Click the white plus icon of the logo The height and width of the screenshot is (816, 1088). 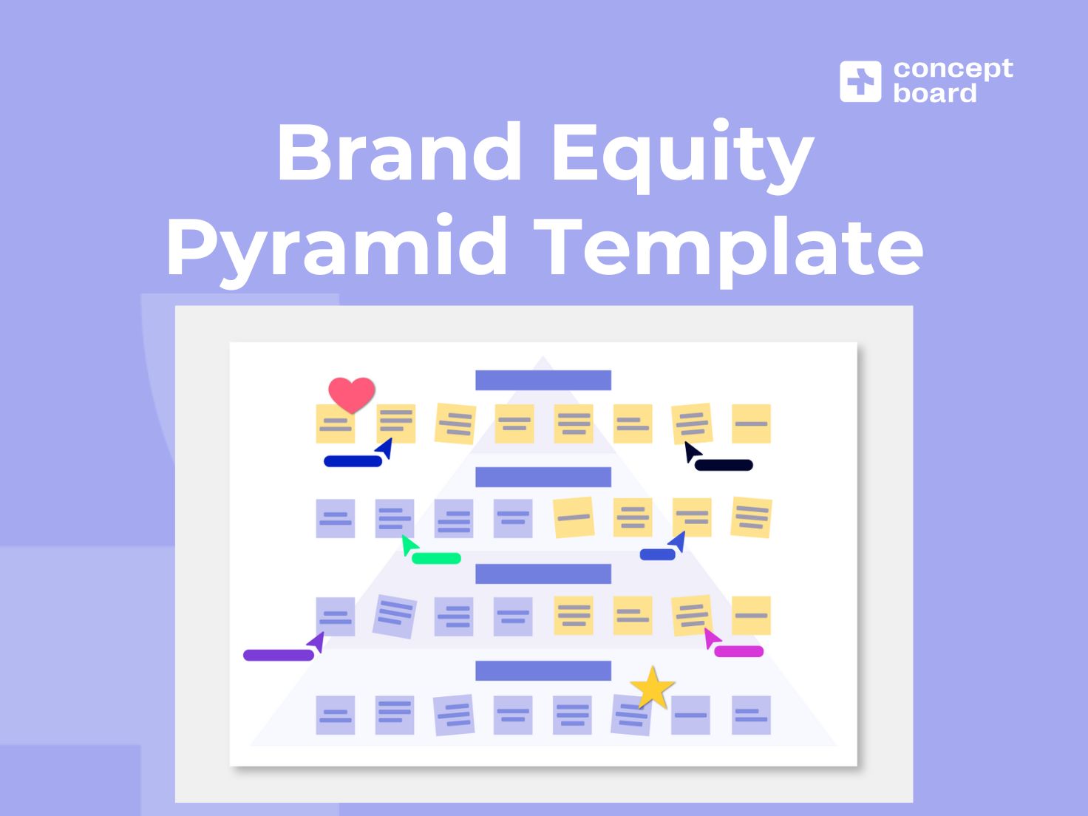(x=860, y=81)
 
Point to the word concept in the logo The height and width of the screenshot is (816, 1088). (x=953, y=69)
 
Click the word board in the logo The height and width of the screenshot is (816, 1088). (x=935, y=93)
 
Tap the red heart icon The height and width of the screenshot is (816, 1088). (x=352, y=394)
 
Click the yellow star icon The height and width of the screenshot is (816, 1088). (x=652, y=688)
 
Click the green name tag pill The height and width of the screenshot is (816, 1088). (x=436, y=558)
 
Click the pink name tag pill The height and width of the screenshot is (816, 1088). (x=738, y=651)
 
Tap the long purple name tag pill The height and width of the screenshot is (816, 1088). (x=279, y=655)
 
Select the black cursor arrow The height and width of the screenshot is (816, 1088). (x=692, y=452)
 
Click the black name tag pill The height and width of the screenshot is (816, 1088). (x=724, y=465)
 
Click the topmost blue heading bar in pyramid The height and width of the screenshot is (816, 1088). (x=543, y=380)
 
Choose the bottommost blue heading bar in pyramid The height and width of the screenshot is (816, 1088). (x=543, y=670)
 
